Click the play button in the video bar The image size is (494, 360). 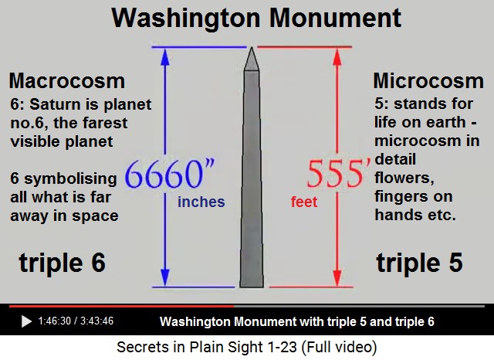pos(26,321)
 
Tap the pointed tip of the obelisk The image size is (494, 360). pos(252,48)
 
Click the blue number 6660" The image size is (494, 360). pos(170,174)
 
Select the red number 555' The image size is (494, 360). pos(339,174)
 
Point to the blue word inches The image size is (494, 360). pos(201,202)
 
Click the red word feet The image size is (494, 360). pos(304,202)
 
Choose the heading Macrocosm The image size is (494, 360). pos(67,80)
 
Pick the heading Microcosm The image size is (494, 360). pos(428,80)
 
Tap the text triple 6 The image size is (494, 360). pos(62,263)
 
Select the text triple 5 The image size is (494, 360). pos(419,263)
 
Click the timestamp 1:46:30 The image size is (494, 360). pos(54,321)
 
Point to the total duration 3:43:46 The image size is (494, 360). pos(96,321)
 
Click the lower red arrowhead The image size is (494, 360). pos(337,278)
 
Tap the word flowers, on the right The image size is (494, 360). pos(404,178)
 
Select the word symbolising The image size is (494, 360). pos(70,178)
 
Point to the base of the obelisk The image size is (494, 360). pos(252,287)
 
